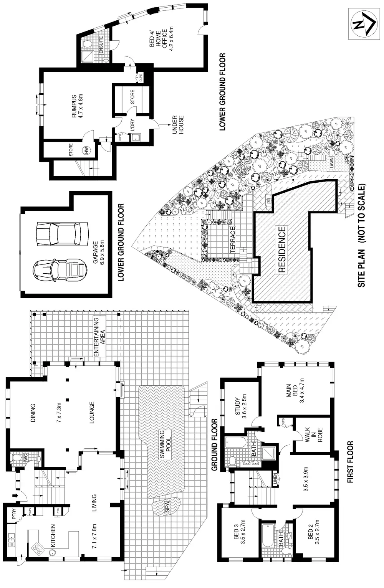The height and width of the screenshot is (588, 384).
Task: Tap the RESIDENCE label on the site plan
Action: pos(282,249)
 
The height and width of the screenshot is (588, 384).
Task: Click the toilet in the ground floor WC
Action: pos(17,458)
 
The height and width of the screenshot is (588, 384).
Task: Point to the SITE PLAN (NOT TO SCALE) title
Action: pos(362,236)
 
